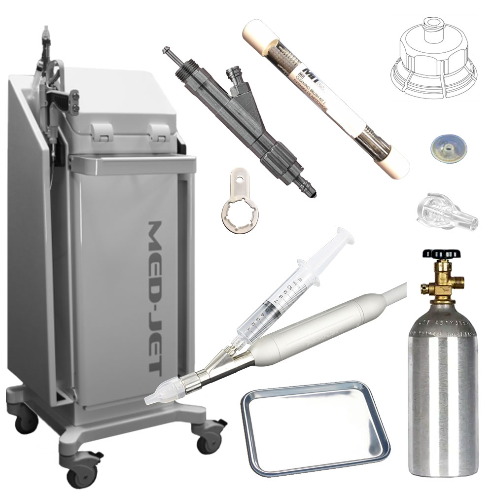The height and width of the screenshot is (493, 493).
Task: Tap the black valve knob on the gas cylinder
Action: (x=441, y=254)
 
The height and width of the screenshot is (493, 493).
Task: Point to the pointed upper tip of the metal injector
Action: (x=167, y=50)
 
